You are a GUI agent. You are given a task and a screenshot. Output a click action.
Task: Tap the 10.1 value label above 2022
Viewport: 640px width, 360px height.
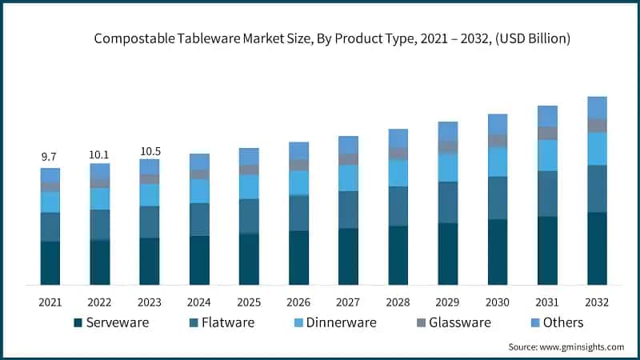(100, 154)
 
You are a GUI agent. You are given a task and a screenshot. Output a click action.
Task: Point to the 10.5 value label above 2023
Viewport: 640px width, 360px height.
(150, 150)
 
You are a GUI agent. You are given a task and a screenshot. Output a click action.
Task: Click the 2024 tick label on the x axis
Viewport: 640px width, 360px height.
(199, 302)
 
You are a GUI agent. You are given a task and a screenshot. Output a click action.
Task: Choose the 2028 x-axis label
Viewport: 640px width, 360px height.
(398, 302)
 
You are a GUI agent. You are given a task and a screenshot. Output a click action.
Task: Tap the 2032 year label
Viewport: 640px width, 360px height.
(597, 302)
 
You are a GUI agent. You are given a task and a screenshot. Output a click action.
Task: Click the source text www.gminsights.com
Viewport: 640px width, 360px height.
(566, 346)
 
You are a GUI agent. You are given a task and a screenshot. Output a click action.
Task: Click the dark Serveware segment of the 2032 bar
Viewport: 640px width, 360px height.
(597, 248)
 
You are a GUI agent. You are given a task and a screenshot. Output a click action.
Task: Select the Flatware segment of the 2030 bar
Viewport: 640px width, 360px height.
(498, 198)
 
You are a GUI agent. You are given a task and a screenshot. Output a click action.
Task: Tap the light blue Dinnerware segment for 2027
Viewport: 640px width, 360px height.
(348, 178)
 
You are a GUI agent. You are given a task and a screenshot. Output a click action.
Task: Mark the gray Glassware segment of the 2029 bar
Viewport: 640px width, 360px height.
(448, 146)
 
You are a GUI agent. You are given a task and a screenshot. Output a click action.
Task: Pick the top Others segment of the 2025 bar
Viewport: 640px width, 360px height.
(249, 156)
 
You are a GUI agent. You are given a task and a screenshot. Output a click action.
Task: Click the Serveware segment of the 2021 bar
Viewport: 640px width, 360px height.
(50, 262)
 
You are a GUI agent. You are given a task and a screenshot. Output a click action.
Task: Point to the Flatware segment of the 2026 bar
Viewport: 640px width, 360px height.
(298, 213)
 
